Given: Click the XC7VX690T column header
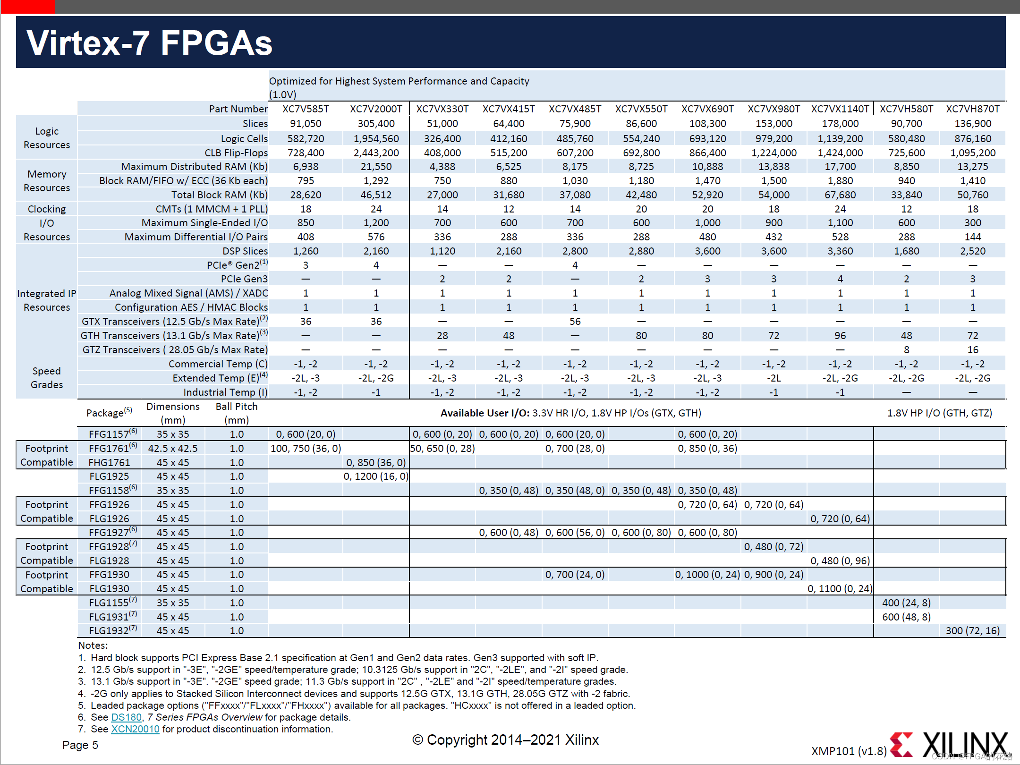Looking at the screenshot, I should (707, 109).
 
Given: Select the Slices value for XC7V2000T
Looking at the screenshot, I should (376, 124).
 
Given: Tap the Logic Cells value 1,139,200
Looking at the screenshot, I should (840, 139).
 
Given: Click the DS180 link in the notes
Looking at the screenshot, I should (126, 717).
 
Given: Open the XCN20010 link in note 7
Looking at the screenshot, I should (135, 729).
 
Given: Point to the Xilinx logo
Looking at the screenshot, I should (949, 745).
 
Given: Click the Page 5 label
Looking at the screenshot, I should (80, 745).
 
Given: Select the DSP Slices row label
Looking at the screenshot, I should (245, 251).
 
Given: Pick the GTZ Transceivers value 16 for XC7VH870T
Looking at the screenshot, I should (972, 350).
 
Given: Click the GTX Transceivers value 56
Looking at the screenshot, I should (575, 322).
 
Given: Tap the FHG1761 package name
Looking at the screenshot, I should (109, 463).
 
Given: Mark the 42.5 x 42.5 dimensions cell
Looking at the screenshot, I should (173, 449).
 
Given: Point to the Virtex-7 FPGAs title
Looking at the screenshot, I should (149, 43).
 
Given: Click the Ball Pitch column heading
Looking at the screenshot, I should (237, 413).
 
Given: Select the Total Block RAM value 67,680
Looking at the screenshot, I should (840, 195).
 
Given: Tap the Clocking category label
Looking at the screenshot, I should (46, 209).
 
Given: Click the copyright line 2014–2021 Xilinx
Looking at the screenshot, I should (505, 740).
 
